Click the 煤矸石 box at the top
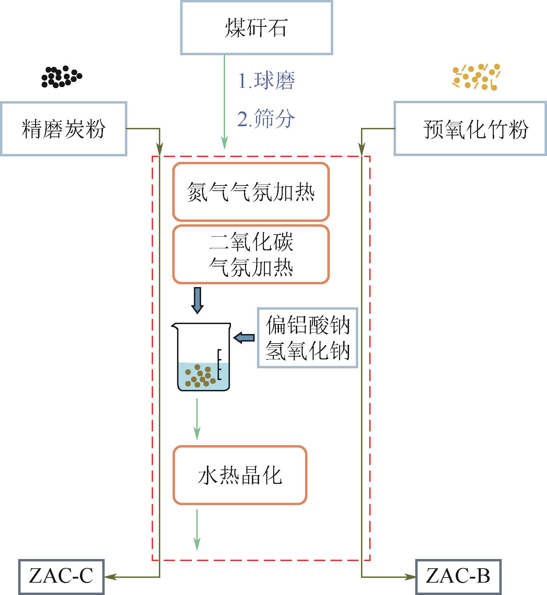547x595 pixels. point(256,28)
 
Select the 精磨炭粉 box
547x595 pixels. point(63,129)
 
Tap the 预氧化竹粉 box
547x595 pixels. point(470,129)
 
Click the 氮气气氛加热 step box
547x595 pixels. point(251,192)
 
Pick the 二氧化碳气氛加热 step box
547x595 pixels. point(251,254)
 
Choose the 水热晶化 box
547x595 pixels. point(240,475)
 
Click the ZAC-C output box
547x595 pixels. point(61,577)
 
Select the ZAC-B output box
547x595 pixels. point(458,577)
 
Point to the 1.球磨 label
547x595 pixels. point(266,81)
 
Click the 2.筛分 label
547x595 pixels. point(266,119)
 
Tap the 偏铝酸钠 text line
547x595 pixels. point(307,325)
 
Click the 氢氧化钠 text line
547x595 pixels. point(307,350)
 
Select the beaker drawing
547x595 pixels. point(202,357)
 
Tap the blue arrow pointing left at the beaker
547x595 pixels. point(244,337)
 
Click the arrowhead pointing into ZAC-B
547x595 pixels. point(410,577)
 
